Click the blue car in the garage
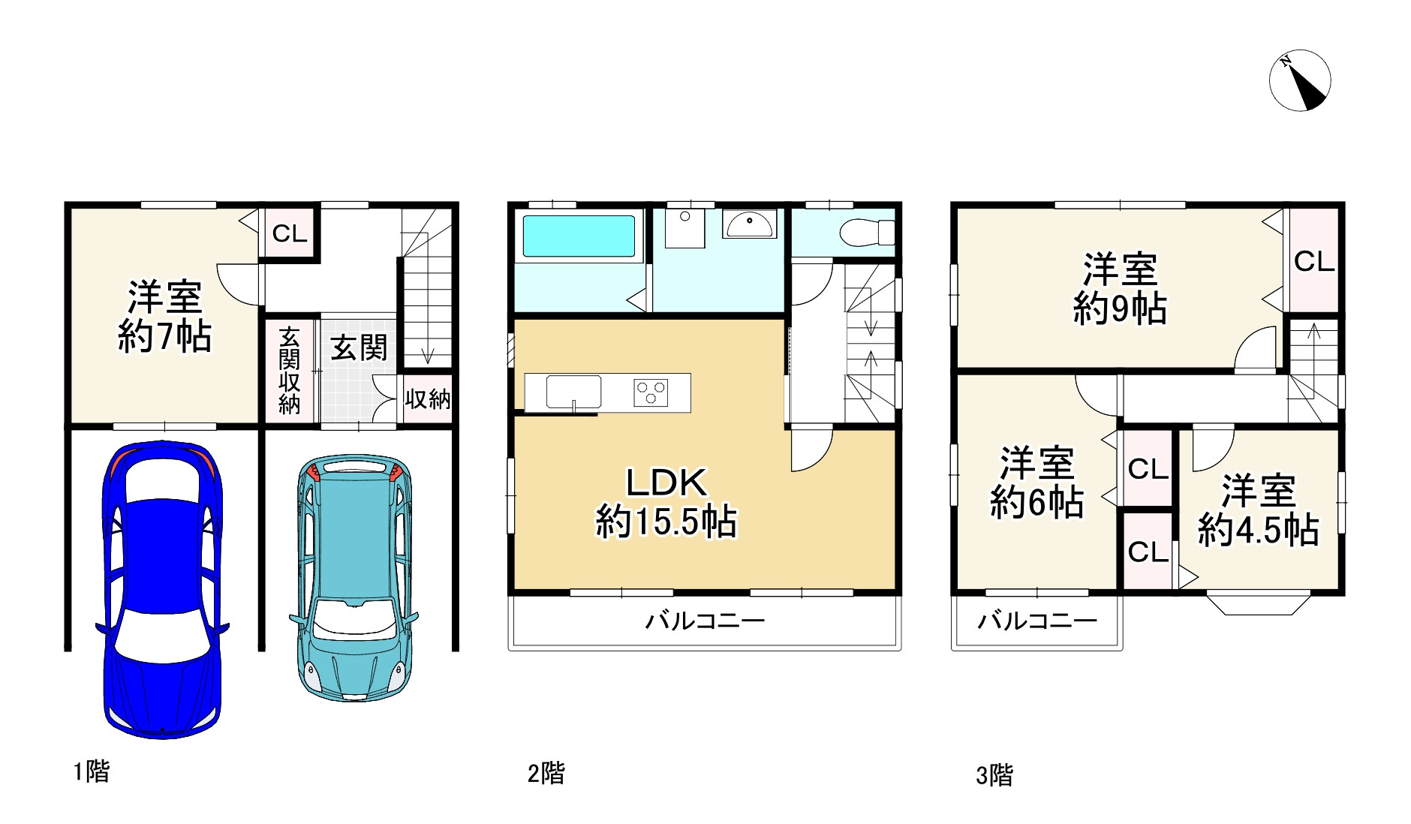tap(162, 589)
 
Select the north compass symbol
tap(1300, 80)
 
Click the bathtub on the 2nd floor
tap(578, 236)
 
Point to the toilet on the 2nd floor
tap(866, 232)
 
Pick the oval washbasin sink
tap(749, 224)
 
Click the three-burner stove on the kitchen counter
tap(651, 392)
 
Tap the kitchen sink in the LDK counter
tap(573, 392)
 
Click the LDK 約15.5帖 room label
tap(666, 502)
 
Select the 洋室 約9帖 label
tap(1120, 289)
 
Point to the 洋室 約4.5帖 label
tap(1258, 510)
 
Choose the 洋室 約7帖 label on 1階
tap(164, 317)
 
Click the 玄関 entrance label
tap(359, 347)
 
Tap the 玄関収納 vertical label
tap(289, 370)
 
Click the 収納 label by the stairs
tap(428, 398)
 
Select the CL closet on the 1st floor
tap(290, 233)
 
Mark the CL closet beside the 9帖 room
tap(1314, 261)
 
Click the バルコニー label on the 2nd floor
tap(705, 621)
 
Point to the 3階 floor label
tap(994, 775)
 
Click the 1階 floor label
tap(91, 771)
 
